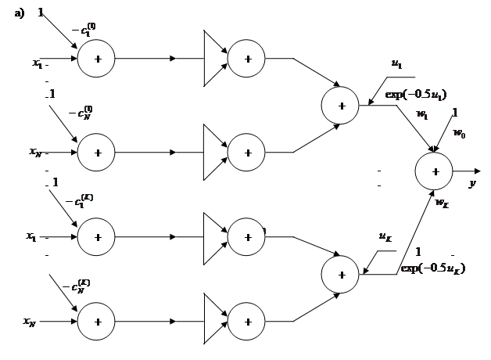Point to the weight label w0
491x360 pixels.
pos(459,134)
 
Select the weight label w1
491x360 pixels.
pos(422,114)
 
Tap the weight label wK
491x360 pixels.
pos(442,203)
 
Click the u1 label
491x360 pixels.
pos(397,64)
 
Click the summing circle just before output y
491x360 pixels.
pos(435,171)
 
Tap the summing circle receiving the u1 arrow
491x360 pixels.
pos(342,106)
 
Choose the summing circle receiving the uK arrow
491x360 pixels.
pos(342,274)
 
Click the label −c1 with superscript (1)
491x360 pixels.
pos(84,31)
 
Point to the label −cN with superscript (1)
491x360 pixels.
pos(81,112)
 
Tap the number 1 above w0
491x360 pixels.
pos(455,112)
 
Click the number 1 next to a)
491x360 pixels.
pos(41,12)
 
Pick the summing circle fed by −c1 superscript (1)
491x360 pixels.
pos(97,59)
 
